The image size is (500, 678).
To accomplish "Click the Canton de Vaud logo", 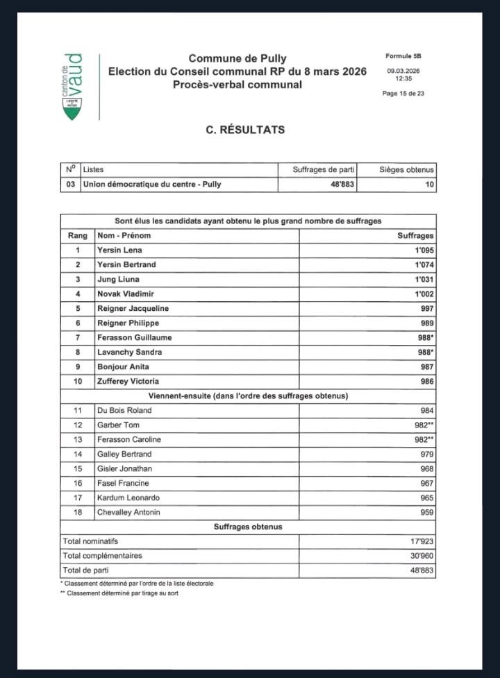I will pyautogui.click(x=72, y=86).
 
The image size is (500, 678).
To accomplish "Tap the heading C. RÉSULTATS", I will pyautogui.click(x=245, y=130).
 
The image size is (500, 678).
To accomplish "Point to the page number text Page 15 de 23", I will pyautogui.click(x=403, y=94).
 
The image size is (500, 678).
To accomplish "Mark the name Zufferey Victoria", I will pyautogui.click(x=128, y=381).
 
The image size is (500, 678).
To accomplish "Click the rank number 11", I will pyautogui.click(x=78, y=410).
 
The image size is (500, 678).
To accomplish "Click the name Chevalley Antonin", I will pyautogui.click(x=128, y=512).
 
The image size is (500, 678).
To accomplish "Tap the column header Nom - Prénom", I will pyautogui.click(x=124, y=235).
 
